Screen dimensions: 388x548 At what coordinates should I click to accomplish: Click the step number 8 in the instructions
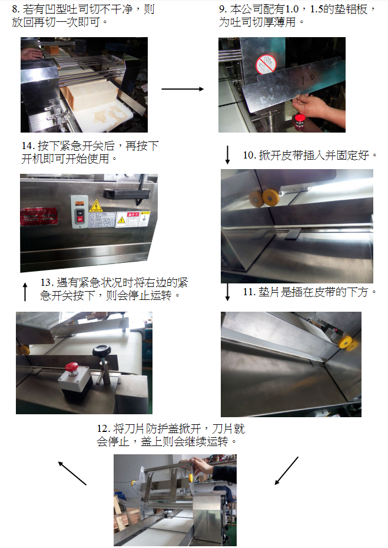tap(16, 9)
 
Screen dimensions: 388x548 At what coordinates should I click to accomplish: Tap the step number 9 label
tap(223, 9)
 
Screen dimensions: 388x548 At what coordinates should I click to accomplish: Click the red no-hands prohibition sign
tap(266, 65)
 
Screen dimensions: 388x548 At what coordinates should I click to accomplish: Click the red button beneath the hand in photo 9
tap(300, 121)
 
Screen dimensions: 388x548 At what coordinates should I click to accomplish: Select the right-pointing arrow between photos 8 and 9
tap(183, 89)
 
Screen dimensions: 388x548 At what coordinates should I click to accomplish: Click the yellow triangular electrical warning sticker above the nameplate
tap(95, 206)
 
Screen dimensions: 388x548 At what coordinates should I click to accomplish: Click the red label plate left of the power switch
tap(39, 216)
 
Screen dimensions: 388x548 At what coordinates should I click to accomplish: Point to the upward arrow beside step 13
tap(25, 292)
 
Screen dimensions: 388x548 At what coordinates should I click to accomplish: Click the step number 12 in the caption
tap(104, 429)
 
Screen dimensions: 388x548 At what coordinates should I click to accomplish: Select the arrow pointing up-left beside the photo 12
tap(72, 473)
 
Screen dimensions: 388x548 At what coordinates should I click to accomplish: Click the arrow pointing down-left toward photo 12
tap(287, 470)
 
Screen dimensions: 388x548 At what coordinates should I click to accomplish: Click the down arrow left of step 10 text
tap(228, 155)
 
